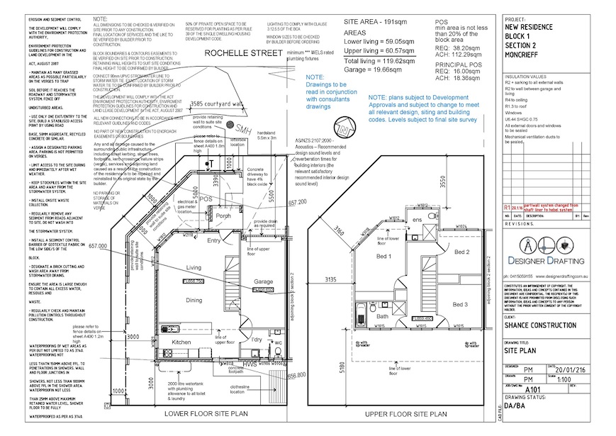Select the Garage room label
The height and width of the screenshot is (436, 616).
click(263, 281)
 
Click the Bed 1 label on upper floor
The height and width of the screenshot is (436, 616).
click(383, 256)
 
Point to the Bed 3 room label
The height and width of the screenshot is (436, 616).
click(461, 304)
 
